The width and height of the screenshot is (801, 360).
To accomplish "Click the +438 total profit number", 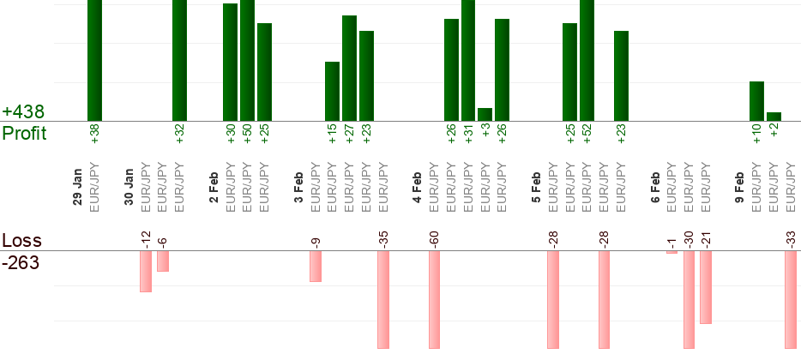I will pyautogui.click(x=23, y=112).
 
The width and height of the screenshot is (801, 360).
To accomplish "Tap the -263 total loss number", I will pyautogui.click(x=21, y=262).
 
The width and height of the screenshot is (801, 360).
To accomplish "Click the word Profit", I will pyautogui.click(x=24, y=133).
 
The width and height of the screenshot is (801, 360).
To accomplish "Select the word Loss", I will pyautogui.click(x=21, y=241).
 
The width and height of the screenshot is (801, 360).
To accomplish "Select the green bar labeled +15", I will pyautogui.click(x=333, y=91).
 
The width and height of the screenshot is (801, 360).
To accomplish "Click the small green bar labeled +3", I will pyautogui.click(x=485, y=114).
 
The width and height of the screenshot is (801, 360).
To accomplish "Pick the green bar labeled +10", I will pyautogui.click(x=756, y=101).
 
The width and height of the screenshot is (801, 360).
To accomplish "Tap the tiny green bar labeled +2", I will pyautogui.click(x=774, y=117).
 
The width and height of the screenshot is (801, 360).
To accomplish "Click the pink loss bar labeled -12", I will pyautogui.click(x=146, y=271).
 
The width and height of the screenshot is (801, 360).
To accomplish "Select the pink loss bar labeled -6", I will pyautogui.click(x=163, y=261).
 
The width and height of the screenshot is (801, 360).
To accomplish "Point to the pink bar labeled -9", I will pyautogui.click(x=316, y=266).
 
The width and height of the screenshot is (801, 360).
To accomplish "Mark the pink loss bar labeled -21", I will pyautogui.click(x=706, y=287).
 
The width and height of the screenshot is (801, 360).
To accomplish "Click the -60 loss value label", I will pyautogui.click(x=435, y=237).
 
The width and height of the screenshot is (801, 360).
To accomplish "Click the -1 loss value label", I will pyautogui.click(x=672, y=240).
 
